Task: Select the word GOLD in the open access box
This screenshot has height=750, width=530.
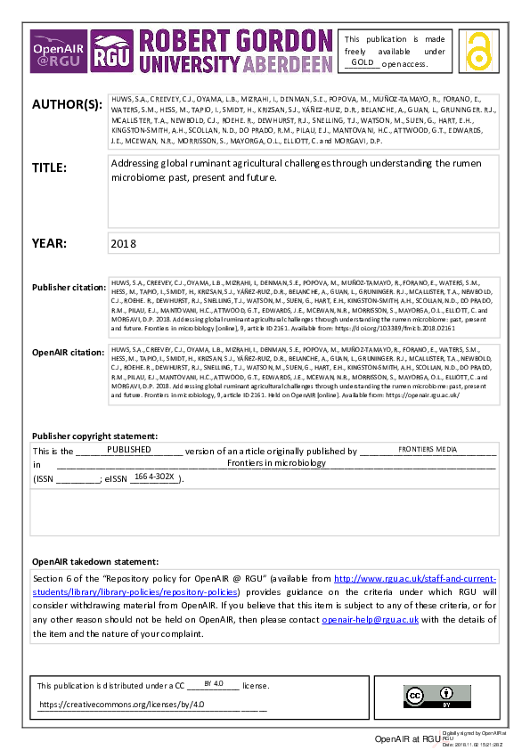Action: point(362,62)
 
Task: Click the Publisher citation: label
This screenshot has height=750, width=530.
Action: point(68,287)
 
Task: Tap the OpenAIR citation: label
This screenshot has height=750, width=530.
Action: point(68,353)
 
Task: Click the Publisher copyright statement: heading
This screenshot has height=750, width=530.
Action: point(94,436)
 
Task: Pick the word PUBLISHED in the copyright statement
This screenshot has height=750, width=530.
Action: point(129,451)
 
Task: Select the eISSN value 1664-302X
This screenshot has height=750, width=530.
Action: point(155,477)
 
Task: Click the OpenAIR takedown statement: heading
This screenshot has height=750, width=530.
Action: point(95,562)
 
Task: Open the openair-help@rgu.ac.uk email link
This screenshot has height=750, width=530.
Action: point(370,619)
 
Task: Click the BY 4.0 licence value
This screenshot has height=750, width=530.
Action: point(213,683)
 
